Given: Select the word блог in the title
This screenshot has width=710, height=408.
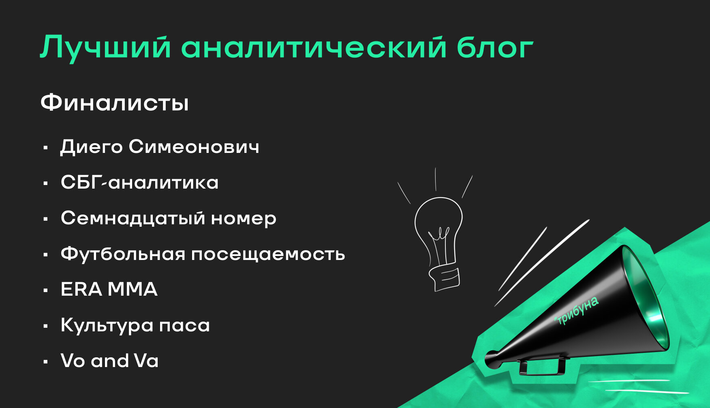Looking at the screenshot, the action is coord(495,47).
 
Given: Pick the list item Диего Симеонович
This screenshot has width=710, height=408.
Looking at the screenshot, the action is coord(160,146).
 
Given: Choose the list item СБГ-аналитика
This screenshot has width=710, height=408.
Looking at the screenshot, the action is coord(139,182).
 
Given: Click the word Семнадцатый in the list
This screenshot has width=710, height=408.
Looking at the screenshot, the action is coord(133,218).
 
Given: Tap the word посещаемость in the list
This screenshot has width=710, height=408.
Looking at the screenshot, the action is coord(268,254).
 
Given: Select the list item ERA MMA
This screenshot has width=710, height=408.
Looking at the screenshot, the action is coord(109,289).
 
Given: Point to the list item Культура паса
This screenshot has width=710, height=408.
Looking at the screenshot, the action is coord(135,325).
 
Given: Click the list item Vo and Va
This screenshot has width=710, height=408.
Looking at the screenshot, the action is coord(109,361).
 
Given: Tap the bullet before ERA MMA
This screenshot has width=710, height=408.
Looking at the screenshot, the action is coord(46,290).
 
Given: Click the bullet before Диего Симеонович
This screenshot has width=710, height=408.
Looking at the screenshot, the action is coord(46,148).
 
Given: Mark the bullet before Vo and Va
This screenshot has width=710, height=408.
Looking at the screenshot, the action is coord(46,361).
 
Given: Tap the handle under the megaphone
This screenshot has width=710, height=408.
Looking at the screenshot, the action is coord(543,366).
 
